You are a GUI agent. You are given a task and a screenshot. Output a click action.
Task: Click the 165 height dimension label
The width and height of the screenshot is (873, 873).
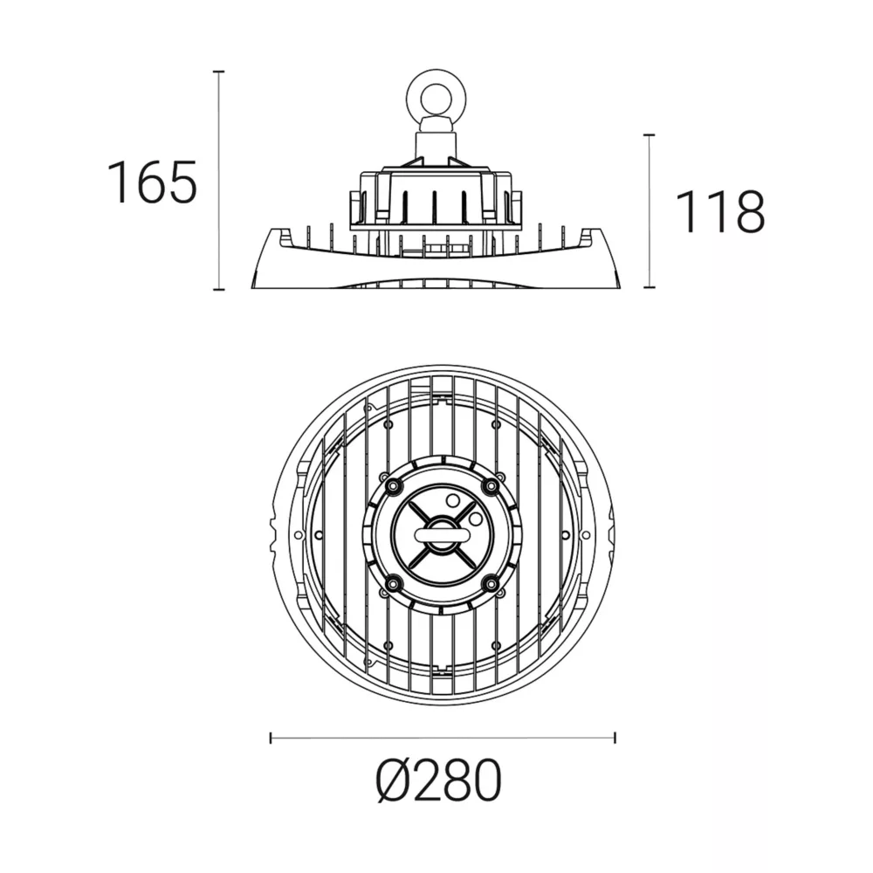(x=151, y=182)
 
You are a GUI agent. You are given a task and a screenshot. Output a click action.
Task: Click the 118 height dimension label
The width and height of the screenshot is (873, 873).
(x=719, y=211)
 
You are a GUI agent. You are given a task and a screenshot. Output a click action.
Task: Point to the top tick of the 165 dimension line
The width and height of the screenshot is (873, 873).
(x=219, y=72)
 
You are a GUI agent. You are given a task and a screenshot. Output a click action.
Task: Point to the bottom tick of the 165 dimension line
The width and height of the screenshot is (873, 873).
(x=219, y=290)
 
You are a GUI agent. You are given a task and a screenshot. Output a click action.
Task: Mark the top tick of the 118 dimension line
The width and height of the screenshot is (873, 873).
(x=649, y=134)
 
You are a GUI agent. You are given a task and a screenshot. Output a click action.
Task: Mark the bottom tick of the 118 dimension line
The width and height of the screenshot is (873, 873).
(x=649, y=287)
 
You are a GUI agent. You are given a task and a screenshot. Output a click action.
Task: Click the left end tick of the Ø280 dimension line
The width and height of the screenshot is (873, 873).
(x=271, y=739)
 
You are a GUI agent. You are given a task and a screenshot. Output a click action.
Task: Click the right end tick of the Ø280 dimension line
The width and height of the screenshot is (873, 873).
(x=615, y=739)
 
